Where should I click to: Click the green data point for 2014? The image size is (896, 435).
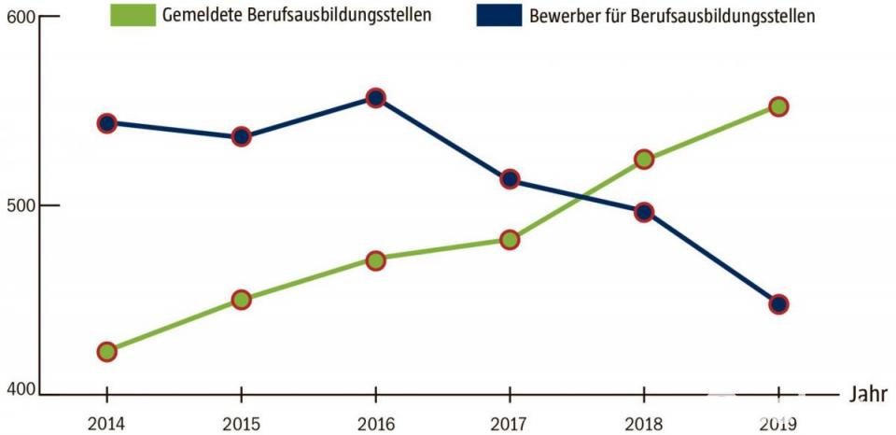[x=106, y=352]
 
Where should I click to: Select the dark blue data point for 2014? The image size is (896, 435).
[x=106, y=123]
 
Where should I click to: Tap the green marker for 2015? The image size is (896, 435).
[x=241, y=300]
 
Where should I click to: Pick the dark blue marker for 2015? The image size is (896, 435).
[x=241, y=136]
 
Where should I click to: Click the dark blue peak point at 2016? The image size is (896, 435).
[x=375, y=97]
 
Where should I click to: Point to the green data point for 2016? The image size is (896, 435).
[x=375, y=260]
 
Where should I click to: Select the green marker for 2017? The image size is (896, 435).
[x=510, y=240]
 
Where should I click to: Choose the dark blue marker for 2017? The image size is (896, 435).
[x=510, y=179]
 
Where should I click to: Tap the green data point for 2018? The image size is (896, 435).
[x=644, y=160]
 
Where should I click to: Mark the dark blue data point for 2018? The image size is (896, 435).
[x=644, y=212]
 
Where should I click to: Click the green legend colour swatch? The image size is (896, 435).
[x=131, y=14]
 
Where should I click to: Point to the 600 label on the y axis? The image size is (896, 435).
[x=19, y=18]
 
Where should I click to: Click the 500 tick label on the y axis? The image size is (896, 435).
[x=19, y=205]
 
